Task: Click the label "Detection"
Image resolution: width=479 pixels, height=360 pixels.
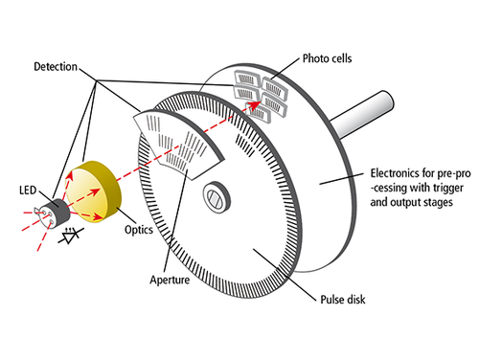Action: click(x=56, y=67)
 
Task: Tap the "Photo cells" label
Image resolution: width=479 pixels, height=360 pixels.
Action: click(x=327, y=58)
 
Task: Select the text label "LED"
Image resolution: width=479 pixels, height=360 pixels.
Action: click(x=28, y=191)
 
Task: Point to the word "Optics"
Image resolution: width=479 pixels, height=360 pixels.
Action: click(x=139, y=230)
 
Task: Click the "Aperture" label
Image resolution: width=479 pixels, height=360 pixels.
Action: click(x=170, y=280)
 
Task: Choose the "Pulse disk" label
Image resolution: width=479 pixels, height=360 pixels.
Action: click(x=343, y=300)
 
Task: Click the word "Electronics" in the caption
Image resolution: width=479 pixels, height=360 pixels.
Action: click(x=395, y=173)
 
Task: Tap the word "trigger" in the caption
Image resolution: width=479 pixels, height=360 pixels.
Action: click(x=447, y=188)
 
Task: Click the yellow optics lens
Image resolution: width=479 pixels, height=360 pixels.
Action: click(x=94, y=192)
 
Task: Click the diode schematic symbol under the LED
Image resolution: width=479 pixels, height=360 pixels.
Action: click(x=71, y=236)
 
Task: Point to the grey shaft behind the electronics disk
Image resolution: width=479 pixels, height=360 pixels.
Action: click(x=362, y=115)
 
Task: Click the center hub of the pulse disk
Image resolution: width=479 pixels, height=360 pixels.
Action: click(x=217, y=196)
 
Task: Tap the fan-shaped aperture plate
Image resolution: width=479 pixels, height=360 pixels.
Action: click(x=178, y=143)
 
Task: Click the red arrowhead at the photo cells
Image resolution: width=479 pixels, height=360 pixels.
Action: click(x=256, y=105)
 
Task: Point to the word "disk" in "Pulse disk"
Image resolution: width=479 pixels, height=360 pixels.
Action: click(x=356, y=300)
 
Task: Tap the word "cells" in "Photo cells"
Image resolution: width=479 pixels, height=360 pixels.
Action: click(x=340, y=58)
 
